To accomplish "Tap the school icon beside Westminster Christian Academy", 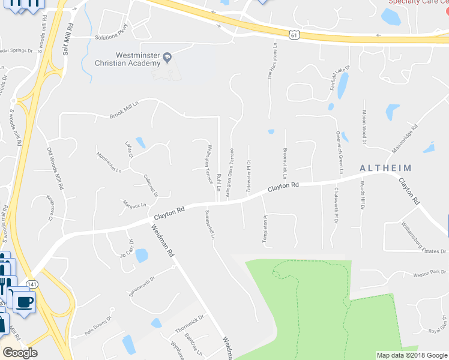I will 168,58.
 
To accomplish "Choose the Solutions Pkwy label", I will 112,37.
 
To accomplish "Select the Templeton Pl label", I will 264,229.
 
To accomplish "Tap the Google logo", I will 20,353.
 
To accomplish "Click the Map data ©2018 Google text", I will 411,355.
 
